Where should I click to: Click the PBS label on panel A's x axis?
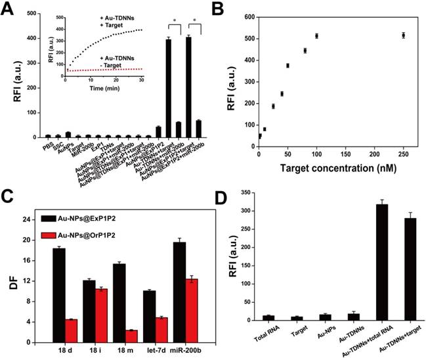point(47,143)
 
